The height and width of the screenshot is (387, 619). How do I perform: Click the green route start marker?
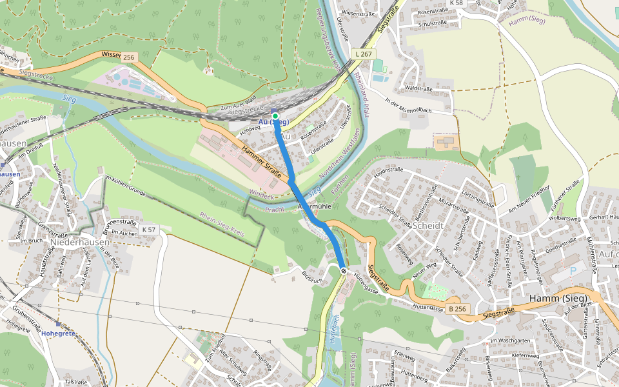pyautogui.click(x=275, y=116)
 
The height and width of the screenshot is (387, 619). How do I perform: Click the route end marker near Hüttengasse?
pyautogui.click(x=344, y=270)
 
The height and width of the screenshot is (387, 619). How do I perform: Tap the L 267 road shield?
pyautogui.click(x=363, y=54)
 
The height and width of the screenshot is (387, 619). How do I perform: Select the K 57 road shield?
pyautogui.click(x=149, y=230)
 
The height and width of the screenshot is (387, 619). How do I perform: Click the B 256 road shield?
pyautogui.click(x=457, y=309)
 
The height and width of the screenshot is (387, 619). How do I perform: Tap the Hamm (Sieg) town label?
pyautogui.click(x=556, y=298)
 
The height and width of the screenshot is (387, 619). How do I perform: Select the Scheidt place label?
pyautogui.click(x=430, y=226)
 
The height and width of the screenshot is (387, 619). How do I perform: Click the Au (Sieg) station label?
pyautogui.click(x=273, y=123)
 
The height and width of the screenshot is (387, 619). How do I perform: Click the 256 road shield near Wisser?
pyautogui.click(x=129, y=57)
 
